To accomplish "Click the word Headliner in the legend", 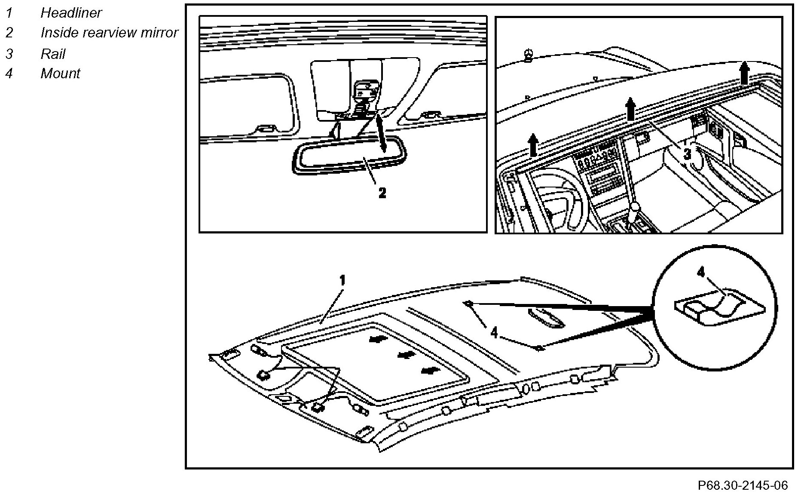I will click(x=71, y=13).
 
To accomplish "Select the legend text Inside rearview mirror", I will click(x=109, y=33).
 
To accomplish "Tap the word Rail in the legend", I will click(x=53, y=54).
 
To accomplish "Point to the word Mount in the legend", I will click(x=60, y=74).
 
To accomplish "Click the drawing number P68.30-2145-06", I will click(x=743, y=485).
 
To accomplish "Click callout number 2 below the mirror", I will click(x=382, y=193).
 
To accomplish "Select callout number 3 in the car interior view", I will click(x=687, y=153).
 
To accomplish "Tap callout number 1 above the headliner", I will click(x=342, y=281).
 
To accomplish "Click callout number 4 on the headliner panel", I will click(x=494, y=332).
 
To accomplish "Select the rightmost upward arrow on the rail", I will click(x=745, y=73).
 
